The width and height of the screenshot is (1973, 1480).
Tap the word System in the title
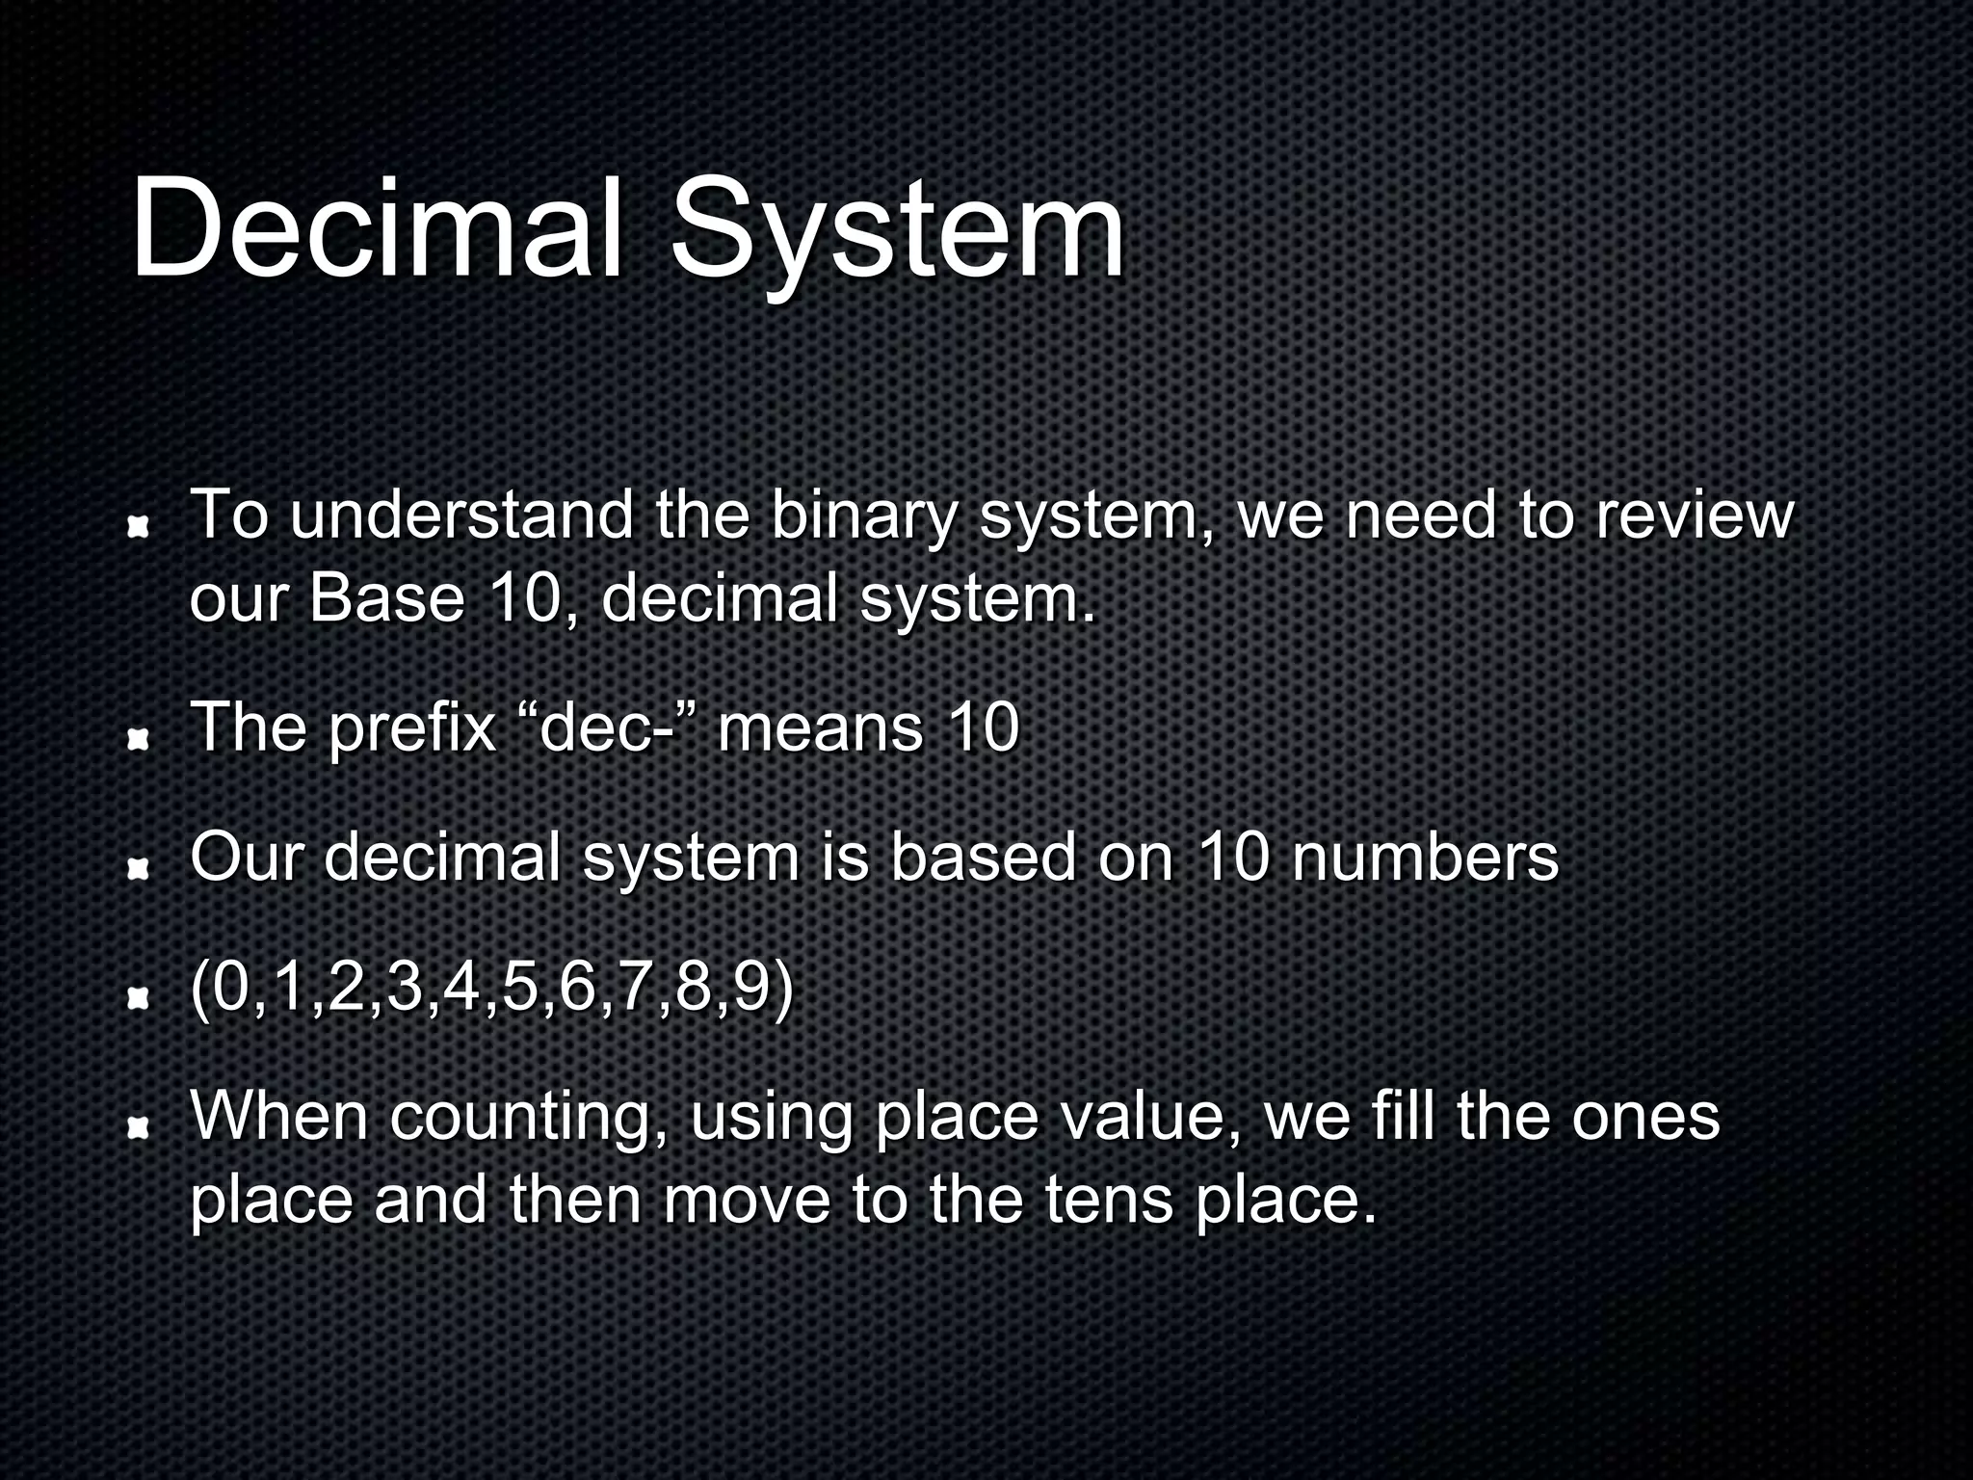click(x=897, y=231)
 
